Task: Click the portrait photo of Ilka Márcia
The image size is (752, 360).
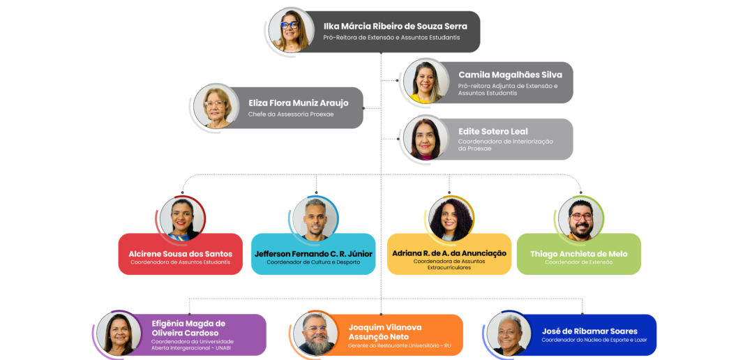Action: pos(291,31)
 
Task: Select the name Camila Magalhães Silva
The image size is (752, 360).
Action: pos(510,75)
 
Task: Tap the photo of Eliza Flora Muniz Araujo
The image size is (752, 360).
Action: pos(216,107)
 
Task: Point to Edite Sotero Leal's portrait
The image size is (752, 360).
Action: pos(426,138)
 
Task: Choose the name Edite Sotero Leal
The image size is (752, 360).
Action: pos(492,131)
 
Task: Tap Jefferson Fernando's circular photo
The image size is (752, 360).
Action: pos(315,218)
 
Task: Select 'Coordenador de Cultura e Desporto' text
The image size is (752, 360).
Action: pos(313,262)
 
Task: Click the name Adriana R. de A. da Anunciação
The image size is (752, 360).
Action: pos(449,253)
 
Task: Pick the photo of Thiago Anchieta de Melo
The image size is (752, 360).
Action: pos(580,218)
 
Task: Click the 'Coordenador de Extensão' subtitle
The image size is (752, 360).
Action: pos(578,262)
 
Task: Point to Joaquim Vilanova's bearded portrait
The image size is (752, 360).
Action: pos(315,333)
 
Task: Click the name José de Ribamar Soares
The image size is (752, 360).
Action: pos(589,331)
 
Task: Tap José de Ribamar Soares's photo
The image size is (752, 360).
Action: pos(509,333)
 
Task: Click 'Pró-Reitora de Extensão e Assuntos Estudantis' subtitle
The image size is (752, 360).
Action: pos(391,38)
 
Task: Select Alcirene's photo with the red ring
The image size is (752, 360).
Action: pos(181,218)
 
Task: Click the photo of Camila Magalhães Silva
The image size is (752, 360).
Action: pos(426,81)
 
